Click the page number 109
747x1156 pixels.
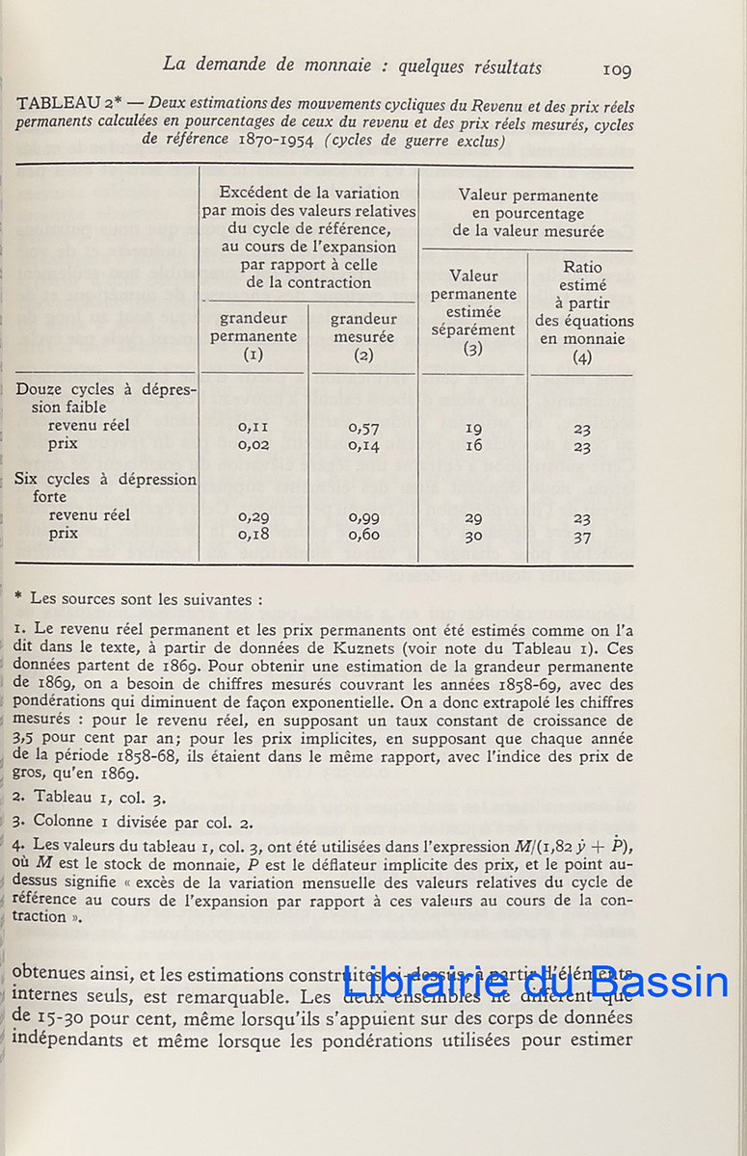616,69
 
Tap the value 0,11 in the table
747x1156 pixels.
253,427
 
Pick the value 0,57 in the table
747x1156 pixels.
363,427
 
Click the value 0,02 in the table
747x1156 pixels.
253,445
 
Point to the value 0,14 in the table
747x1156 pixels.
363,445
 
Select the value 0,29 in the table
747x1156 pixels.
253,517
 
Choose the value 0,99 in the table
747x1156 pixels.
363,517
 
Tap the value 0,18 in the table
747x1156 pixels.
253,536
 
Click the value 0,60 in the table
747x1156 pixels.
363,536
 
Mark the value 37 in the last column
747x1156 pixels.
581,537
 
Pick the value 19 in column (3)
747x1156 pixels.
473,428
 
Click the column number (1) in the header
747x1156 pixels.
253,355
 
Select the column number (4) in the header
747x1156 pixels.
581,356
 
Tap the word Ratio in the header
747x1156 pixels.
582,267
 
